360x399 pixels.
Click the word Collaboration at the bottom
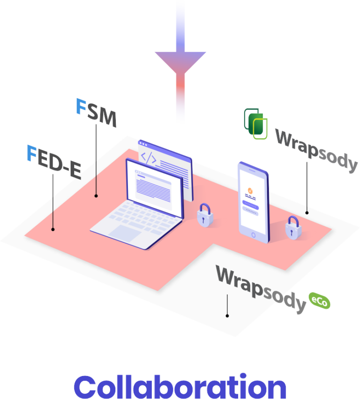point(180,386)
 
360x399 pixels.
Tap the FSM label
point(96,113)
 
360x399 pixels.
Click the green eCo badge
point(319,301)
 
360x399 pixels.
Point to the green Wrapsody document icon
point(256,123)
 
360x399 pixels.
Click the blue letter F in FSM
point(81,106)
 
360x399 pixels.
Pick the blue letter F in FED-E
point(31,153)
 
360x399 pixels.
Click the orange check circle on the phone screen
point(250,190)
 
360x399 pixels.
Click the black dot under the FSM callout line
point(96,196)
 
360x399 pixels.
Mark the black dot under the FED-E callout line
point(53,229)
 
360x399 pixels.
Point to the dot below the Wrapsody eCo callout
point(227,316)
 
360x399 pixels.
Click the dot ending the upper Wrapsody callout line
point(307,212)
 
